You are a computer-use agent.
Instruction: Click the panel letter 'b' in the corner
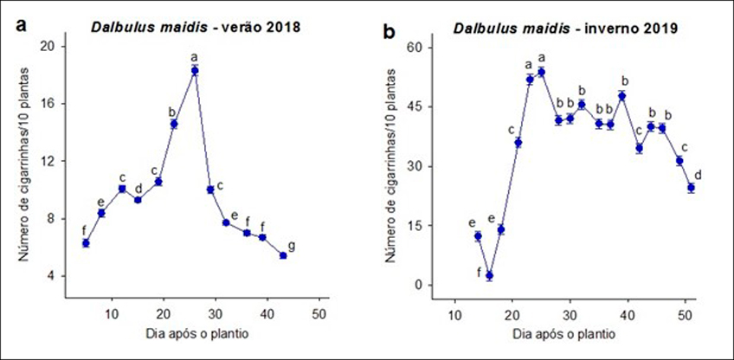pos(390,32)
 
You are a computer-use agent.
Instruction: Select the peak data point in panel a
pos(195,71)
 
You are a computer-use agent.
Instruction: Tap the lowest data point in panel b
pos(489,276)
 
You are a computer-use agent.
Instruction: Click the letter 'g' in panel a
pos(292,246)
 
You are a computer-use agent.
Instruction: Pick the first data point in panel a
pos(86,243)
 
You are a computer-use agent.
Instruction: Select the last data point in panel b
pos(691,188)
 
